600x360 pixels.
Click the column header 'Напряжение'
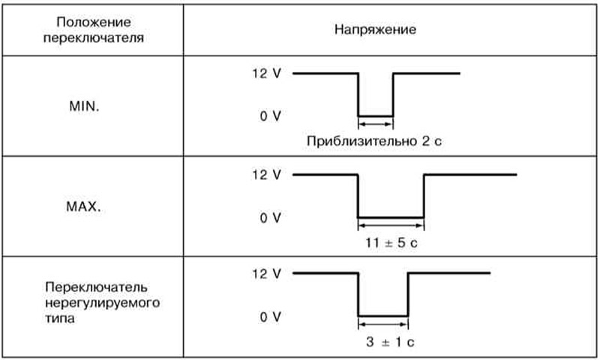375,29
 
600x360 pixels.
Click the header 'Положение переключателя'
94,30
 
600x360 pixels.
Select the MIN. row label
84,106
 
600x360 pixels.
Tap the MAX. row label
83,206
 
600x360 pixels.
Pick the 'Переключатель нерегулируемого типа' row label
102,302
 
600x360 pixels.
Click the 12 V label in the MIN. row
266,73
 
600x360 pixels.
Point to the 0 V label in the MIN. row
271,116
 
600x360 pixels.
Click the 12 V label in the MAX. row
266,175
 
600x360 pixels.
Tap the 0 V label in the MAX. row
271,217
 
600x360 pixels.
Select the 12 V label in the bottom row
266,274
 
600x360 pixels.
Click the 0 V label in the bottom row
271,316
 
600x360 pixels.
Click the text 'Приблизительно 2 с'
374,141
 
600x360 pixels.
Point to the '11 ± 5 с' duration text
391,242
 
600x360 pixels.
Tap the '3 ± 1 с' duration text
390,342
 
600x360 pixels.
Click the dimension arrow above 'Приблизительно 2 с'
376,124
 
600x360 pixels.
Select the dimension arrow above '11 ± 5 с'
391,226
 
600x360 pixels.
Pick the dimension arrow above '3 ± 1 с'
383,325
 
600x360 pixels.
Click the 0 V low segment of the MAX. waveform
391,217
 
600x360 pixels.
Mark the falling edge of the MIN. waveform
358,94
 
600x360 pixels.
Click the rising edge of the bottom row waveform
408,295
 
